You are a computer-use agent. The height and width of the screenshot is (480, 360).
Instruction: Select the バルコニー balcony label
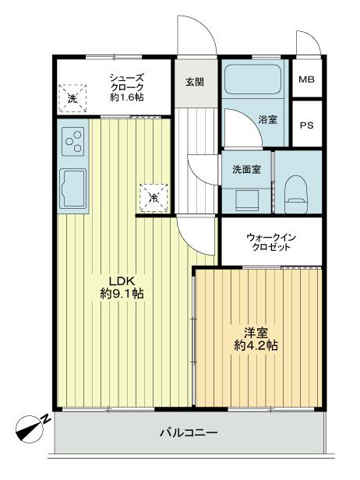(189, 432)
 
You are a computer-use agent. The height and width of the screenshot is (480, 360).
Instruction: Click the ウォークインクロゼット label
(271, 242)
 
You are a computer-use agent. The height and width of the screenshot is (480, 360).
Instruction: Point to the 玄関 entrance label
(196, 81)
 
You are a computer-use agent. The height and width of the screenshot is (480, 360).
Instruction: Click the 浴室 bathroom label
(268, 120)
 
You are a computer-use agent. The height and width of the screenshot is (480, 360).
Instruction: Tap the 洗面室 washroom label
(246, 168)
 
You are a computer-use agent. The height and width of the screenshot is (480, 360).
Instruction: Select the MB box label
(307, 80)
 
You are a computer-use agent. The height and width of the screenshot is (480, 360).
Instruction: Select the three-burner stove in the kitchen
(73, 141)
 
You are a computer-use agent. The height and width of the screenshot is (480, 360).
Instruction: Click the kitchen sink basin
(73, 186)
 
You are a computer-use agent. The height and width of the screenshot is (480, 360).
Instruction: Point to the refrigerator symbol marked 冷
(154, 197)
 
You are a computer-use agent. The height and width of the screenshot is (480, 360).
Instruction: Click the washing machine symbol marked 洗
(72, 97)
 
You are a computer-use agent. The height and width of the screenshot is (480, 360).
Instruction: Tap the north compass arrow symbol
(32, 426)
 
